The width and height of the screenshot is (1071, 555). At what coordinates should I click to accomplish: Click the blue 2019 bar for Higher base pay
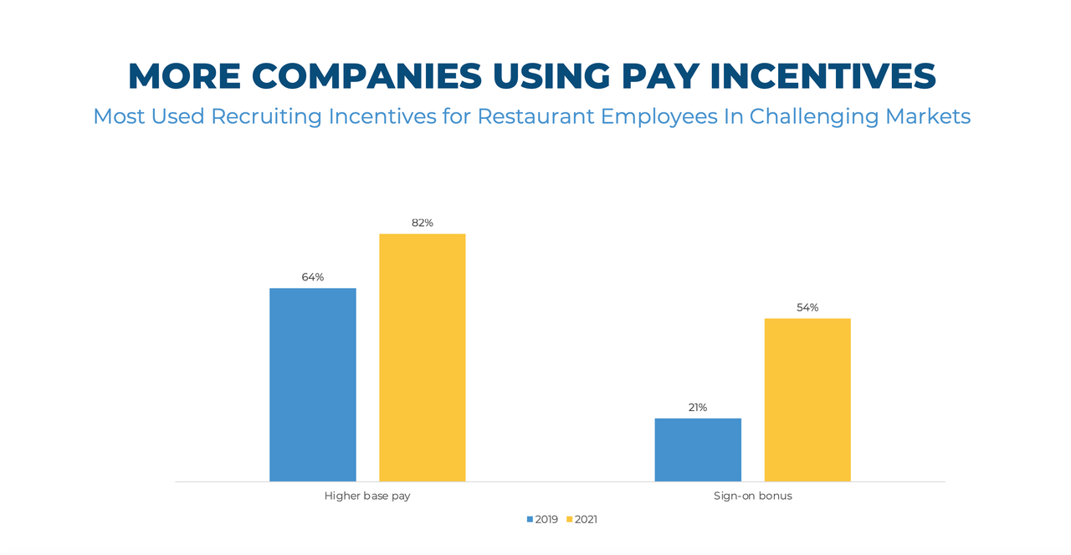312,384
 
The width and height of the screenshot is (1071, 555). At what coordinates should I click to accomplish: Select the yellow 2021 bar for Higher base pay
422,357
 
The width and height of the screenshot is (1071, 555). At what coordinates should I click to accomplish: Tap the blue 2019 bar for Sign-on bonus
698,450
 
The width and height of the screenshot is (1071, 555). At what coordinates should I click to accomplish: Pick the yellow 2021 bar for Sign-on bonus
807,399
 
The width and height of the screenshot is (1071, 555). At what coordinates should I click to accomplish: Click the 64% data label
313,277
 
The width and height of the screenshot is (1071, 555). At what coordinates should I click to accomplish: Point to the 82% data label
422,223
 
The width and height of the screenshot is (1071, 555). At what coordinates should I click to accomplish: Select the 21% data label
698,408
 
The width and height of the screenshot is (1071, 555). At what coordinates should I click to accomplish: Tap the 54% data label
807,307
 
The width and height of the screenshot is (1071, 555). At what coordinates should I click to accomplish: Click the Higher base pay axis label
367,496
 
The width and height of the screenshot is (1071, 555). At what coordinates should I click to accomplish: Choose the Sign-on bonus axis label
752,496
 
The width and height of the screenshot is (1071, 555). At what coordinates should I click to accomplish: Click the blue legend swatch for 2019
530,520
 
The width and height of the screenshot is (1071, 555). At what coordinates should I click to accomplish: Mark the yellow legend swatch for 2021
570,520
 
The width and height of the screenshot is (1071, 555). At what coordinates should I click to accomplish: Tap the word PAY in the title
659,76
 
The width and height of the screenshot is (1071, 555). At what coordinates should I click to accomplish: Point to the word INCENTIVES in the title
823,76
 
